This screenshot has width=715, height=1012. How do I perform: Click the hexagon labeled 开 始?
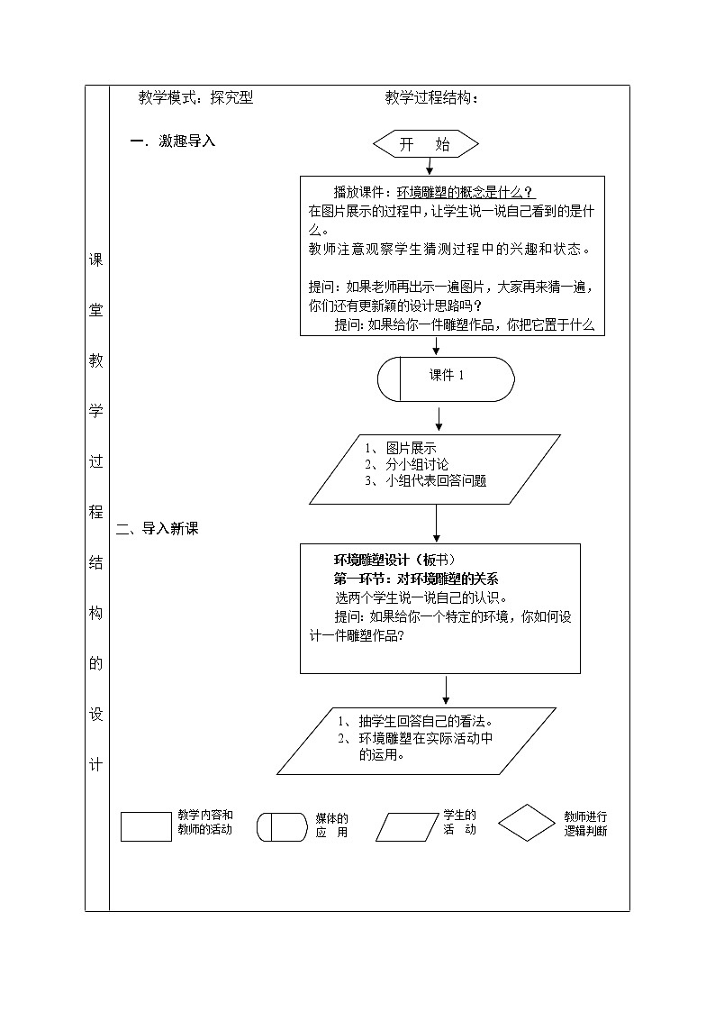(425, 144)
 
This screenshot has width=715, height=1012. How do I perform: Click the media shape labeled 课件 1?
(446, 378)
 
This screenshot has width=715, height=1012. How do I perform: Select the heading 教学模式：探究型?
(195, 98)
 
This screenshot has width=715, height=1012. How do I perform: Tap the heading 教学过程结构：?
(432, 98)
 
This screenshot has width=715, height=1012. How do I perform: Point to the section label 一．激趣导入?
(173, 141)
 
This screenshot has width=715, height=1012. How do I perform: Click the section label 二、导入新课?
(158, 529)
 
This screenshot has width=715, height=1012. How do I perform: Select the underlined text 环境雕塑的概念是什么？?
(466, 191)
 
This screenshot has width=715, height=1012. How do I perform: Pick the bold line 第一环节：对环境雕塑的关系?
(416, 579)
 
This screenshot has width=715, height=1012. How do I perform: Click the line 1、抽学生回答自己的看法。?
(415, 721)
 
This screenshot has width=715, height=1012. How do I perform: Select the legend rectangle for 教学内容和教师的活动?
(146, 826)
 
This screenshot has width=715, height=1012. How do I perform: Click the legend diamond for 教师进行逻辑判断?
(528, 823)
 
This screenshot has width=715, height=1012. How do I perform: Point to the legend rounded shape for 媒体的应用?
(283, 826)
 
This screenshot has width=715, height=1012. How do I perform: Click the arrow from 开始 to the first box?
(430, 166)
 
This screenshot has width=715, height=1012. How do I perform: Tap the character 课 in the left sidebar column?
(96, 260)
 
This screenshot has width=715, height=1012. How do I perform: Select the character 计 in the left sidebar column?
(96, 765)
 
